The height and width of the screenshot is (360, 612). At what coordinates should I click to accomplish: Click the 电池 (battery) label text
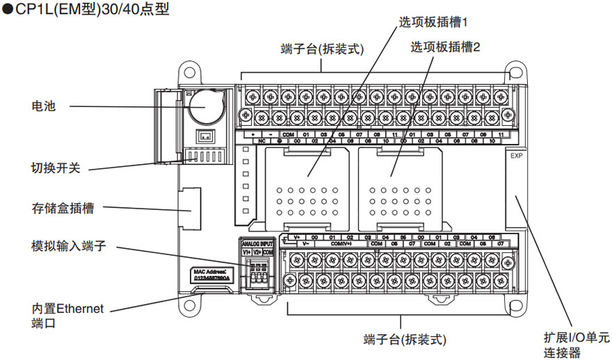[x=43, y=106]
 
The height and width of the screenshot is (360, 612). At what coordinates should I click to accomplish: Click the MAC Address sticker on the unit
[x=210, y=275]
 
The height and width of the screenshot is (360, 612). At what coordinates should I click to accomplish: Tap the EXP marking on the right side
[x=515, y=156]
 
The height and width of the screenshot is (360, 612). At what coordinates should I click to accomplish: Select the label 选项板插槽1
[x=433, y=22]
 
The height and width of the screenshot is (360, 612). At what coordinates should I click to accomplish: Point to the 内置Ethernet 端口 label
[x=67, y=316]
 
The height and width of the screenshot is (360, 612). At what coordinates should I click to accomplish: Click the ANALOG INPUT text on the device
[x=257, y=245]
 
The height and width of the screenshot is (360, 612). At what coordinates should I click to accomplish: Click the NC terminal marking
[x=262, y=141]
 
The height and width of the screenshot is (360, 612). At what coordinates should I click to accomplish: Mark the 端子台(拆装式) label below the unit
[x=404, y=340]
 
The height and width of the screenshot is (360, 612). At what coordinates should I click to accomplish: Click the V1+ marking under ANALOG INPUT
[x=246, y=252]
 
